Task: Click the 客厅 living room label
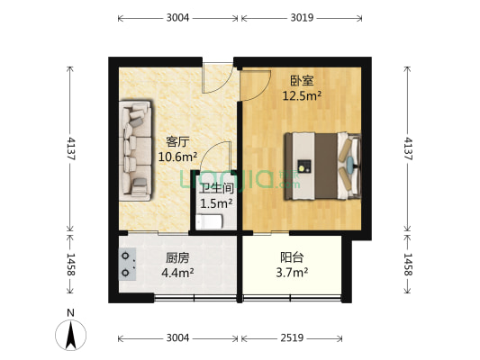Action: pyautogui.click(x=177, y=141)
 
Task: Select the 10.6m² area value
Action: pyautogui.click(x=177, y=157)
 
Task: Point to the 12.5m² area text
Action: pyautogui.click(x=302, y=94)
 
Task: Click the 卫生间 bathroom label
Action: pyautogui.click(x=216, y=189)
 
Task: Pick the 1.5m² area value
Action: pyautogui.click(x=216, y=203)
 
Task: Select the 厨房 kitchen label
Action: pyautogui.click(x=177, y=257)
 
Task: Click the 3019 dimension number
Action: pyautogui.click(x=301, y=18)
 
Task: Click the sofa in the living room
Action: pyautogui.click(x=136, y=150)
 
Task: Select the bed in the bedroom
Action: pyautogui.click(x=322, y=166)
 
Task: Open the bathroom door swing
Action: pyautogui.click(x=217, y=158)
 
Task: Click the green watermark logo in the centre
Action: pyautogui.click(x=239, y=180)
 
